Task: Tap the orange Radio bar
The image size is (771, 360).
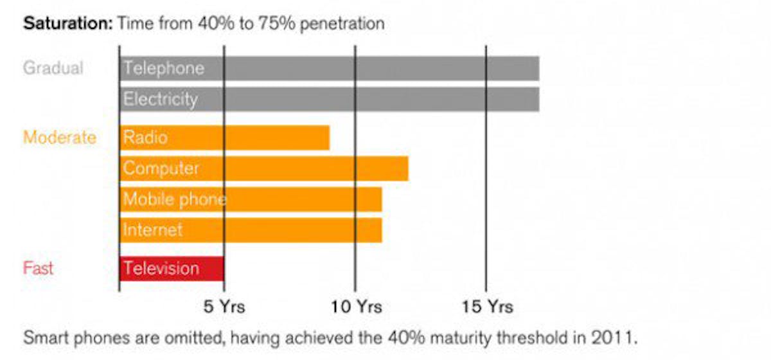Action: click(225, 138)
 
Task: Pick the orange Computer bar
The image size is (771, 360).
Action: click(263, 168)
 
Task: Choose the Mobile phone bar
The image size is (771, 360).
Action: click(251, 199)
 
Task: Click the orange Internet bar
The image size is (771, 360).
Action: click(251, 230)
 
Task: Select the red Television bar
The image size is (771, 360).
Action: click(172, 268)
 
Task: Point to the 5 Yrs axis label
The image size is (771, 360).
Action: click(224, 307)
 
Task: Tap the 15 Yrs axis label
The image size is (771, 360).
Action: click(488, 307)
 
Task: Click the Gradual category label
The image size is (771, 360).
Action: click(53, 68)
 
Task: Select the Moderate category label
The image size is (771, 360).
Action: click(60, 138)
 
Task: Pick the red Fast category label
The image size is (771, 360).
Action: click(39, 268)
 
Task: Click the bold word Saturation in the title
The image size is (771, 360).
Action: click(67, 24)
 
